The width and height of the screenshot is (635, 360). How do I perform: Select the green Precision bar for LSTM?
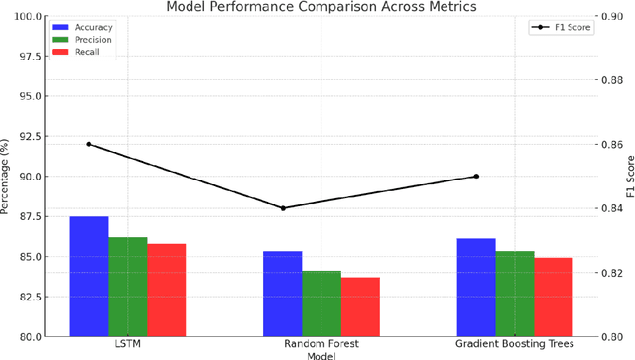tap(128, 287)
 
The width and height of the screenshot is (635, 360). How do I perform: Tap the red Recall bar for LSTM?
tap(167, 289)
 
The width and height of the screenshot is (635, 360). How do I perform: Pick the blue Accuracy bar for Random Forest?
tap(283, 293)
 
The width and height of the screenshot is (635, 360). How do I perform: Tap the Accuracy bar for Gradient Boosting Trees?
tap(476, 287)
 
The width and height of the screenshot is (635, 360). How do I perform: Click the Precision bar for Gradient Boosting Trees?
tap(515, 293)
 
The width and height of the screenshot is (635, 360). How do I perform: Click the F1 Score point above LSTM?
tap(89, 144)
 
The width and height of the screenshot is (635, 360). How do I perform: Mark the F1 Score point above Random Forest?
tap(283, 208)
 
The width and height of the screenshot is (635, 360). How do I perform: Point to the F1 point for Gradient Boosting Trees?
tap(476, 176)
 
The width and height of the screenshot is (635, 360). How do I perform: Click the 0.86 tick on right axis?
tap(611, 145)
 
